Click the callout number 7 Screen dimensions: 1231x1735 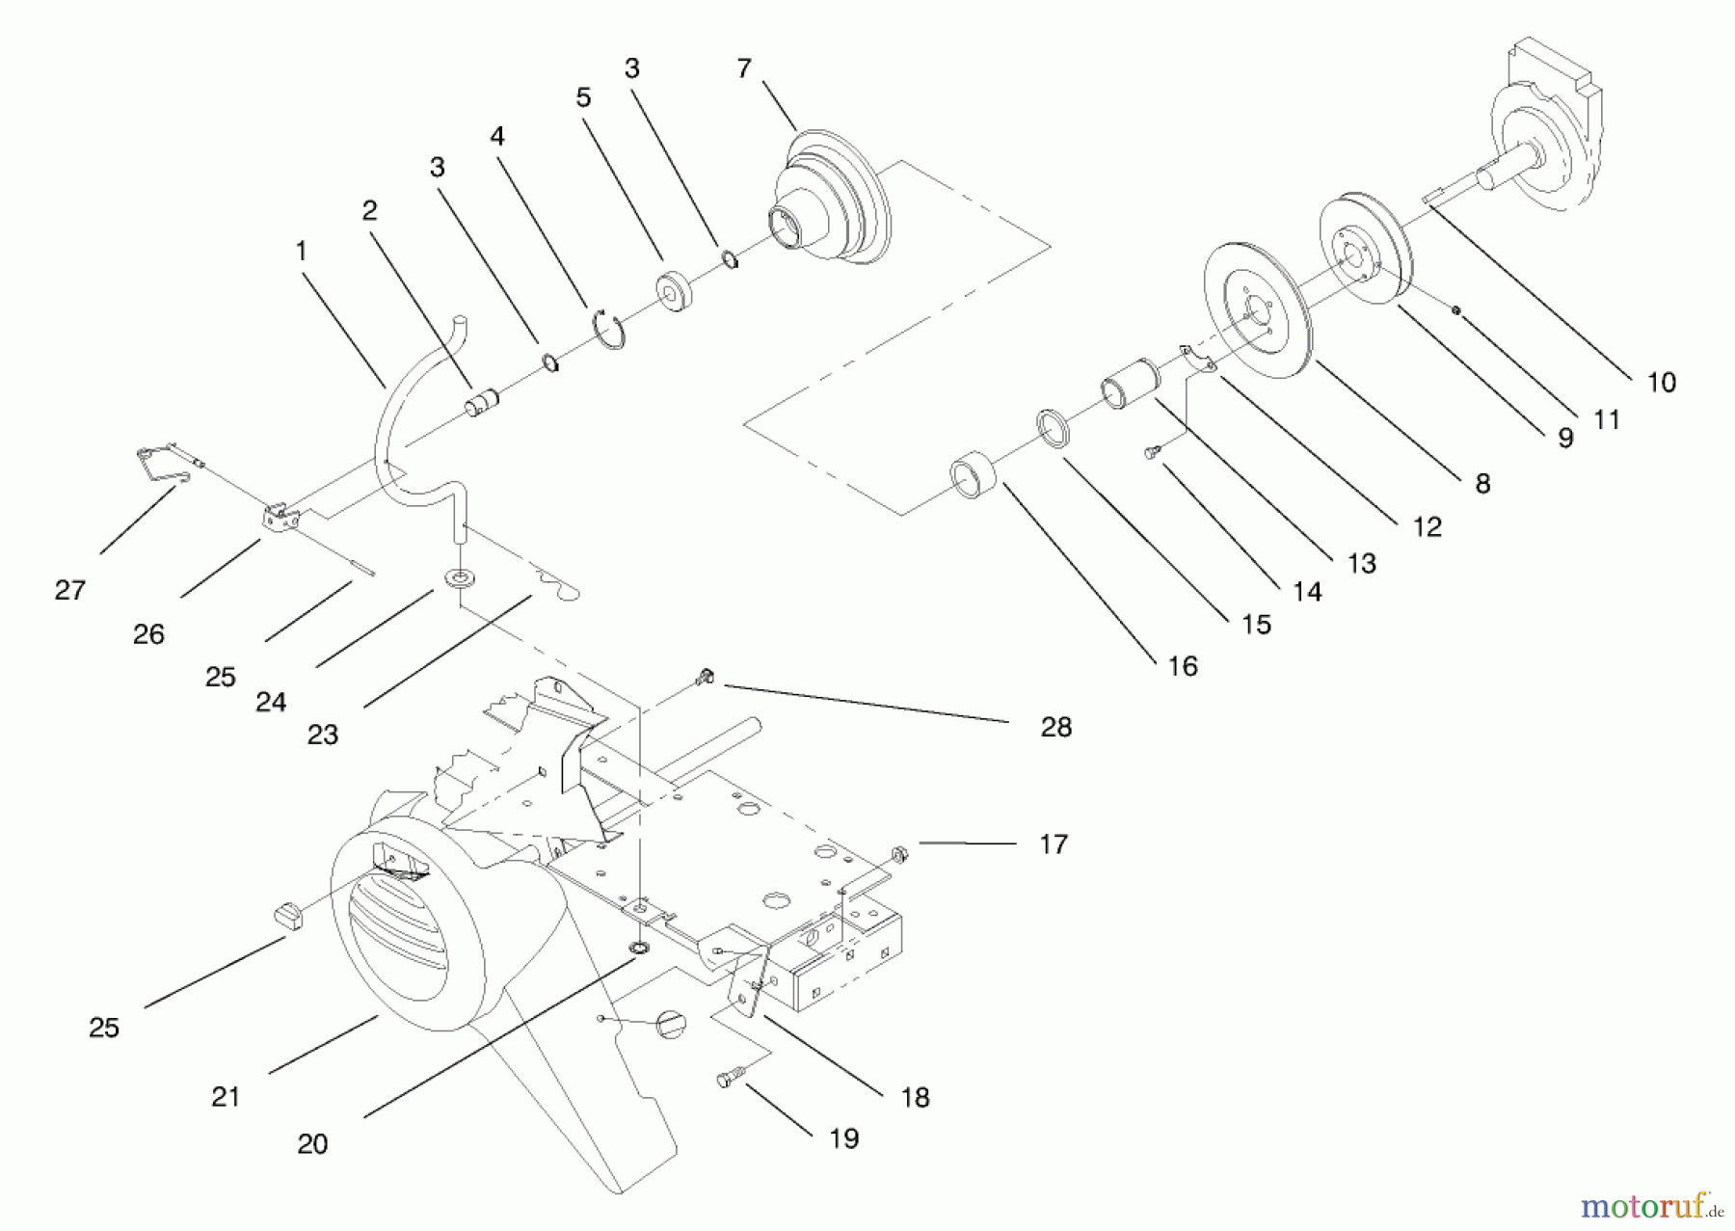(743, 68)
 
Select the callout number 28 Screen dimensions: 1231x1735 (1055, 727)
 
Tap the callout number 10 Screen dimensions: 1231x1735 (1661, 383)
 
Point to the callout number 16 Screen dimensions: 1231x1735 (1182, 666)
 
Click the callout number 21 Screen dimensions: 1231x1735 (225, 1096)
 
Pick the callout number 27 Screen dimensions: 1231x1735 (69, 590)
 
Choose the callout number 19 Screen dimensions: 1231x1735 (843, 1138)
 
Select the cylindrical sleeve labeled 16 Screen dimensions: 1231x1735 (973, 478)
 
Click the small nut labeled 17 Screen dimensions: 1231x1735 (898, 853)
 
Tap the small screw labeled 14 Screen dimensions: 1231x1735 (1152, 452)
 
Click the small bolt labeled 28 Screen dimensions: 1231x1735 (705, 678)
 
